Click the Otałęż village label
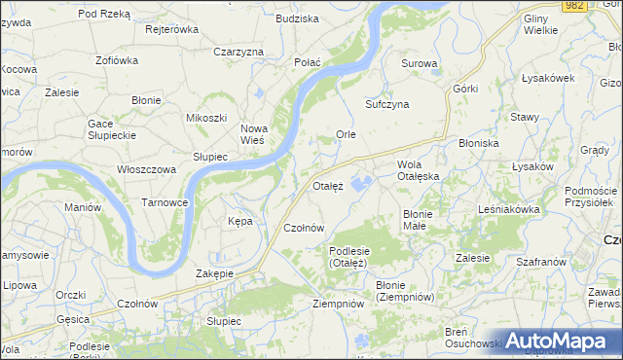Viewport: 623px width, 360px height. [x=328, y=186]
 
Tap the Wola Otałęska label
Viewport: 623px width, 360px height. [x=419, y=170]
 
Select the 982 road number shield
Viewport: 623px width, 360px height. [x=572, y=6]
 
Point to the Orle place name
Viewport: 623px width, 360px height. [x=346, y=134]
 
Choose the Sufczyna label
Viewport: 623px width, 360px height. [x=386, y=103]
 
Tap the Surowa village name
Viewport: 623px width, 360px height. [x=420, y=64]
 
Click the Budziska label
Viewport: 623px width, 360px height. [x=297, y=18]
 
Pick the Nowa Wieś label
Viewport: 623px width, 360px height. [x=253, y=134]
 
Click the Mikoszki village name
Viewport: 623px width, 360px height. [x=205, y=118]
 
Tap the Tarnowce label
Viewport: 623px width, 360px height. [x=165, y=202]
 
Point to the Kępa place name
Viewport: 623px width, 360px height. [x=239, y=221]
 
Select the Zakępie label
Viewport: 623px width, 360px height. [x=214, y=273]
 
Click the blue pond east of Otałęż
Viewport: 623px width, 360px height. [x=361, y=183]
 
